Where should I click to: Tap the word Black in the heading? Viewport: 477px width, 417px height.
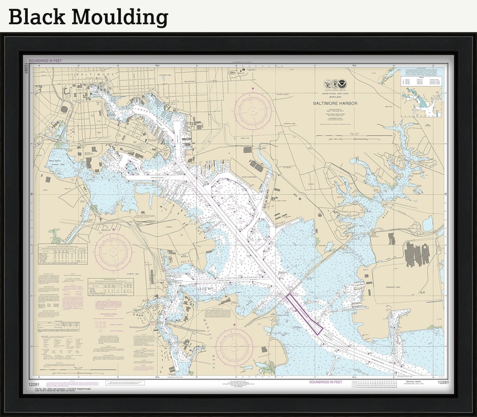(x=37, y=16)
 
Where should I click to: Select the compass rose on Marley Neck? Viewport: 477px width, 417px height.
(x=235, y=347)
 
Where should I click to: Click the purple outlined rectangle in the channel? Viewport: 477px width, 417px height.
(x=304, y=312)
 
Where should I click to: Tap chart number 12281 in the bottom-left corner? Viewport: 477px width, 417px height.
(x=34, y=383)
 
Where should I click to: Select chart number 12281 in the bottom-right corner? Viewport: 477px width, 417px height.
(x=443, y=383)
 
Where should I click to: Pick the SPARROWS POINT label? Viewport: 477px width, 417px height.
(x=393, y=288)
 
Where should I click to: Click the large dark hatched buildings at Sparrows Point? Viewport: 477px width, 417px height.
(x=415, y=254)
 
